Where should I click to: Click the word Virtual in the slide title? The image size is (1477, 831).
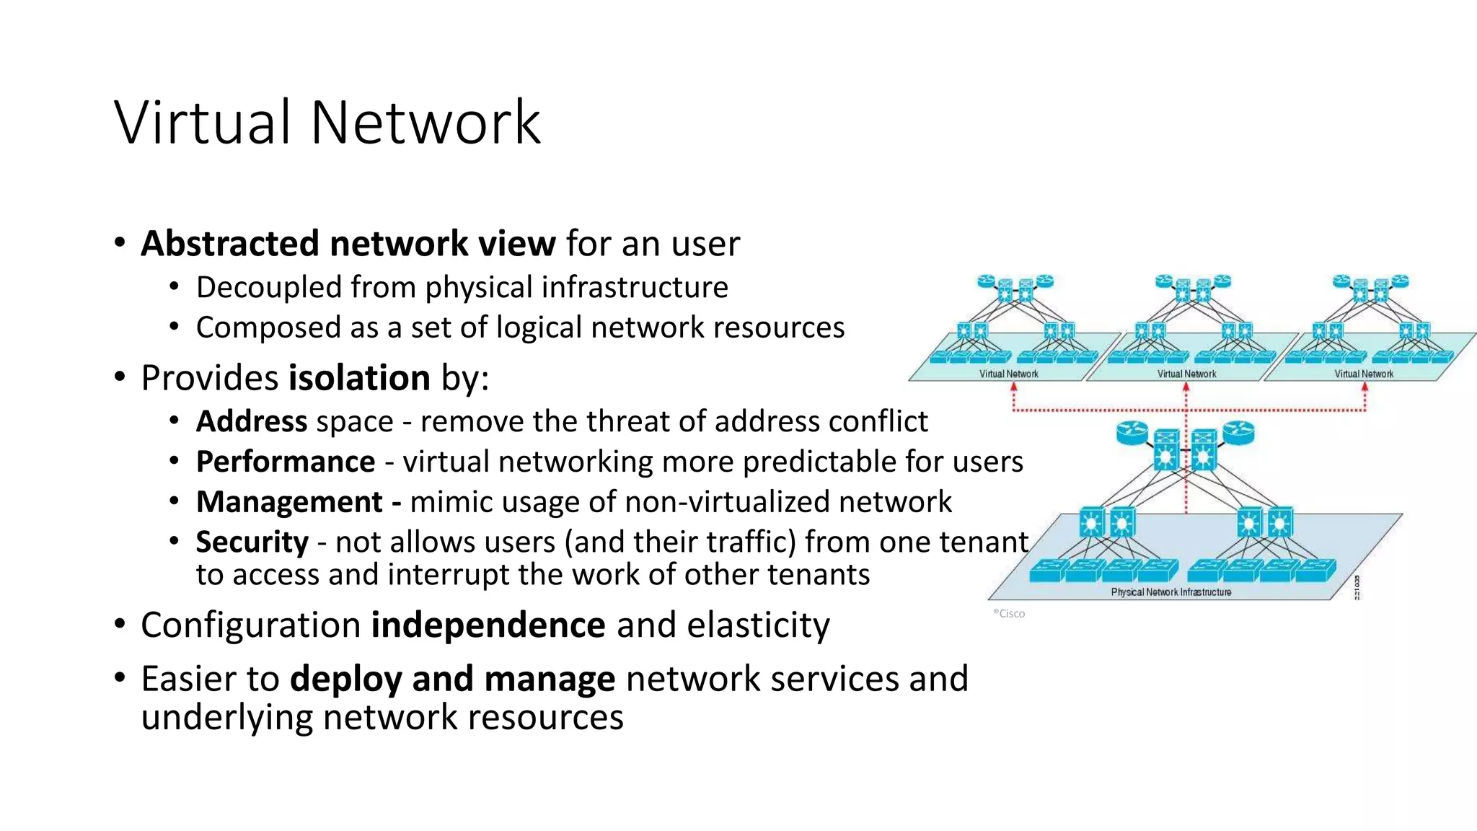pyautogui.click(x=203, y=123)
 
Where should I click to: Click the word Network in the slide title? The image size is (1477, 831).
pyautogui.click(x=426, y=123)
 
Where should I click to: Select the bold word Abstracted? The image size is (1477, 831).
pyautogui.click(x=229, y=244)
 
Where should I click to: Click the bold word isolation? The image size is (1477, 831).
pyautogui.click(x=359, y=378)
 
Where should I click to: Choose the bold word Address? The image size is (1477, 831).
pyautogui.click(x=252, y=421)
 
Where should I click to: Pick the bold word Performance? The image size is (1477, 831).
pyautogui.click(x=286, y=462)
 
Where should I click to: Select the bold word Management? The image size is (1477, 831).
pyautogui.click(x=289, y=502)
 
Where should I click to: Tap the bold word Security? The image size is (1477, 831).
pyautogui.click(x=252, y=542)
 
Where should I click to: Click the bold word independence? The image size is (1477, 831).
pyautogui.click(x=488, y=625)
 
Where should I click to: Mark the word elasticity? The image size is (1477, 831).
pyautogui.click(x=758, y=625)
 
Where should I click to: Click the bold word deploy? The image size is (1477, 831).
pyautogui.click(x=345, y=679)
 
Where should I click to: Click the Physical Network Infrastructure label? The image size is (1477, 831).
pyautogui.click(x=1170, y=592)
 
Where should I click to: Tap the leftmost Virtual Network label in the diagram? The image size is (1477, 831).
pyautogui.click(x=1008, y=374)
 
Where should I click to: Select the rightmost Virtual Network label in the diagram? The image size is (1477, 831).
pyautogui.click(x=1364, y=374)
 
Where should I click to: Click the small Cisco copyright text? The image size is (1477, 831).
pyautogui.click(x=1010, y=613)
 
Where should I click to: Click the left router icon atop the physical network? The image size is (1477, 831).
pyautogui.click(x=1132, y=432)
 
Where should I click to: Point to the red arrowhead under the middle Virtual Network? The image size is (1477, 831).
pyautogui.click(x=1186, y=388)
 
